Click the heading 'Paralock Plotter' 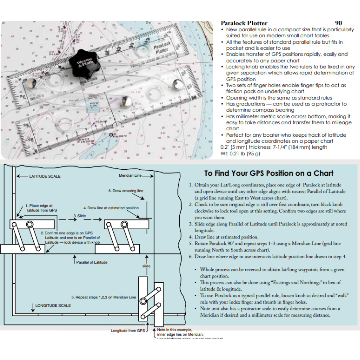tap(244, 23)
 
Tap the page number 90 tap(338, 23)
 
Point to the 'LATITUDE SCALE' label tap(45, 176)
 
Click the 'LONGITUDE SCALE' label tap(53, 305)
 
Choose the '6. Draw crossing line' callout tap(126, 191)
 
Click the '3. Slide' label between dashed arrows tap(80, 216)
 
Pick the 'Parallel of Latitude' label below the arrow tap(92, 262)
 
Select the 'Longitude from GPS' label tap(128, 331)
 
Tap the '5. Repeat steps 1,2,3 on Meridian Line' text tap(104, 297)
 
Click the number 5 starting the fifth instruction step tap(191, 244)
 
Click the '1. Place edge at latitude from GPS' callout tap(42, 208)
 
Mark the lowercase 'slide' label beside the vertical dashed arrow tap(146, 266)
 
